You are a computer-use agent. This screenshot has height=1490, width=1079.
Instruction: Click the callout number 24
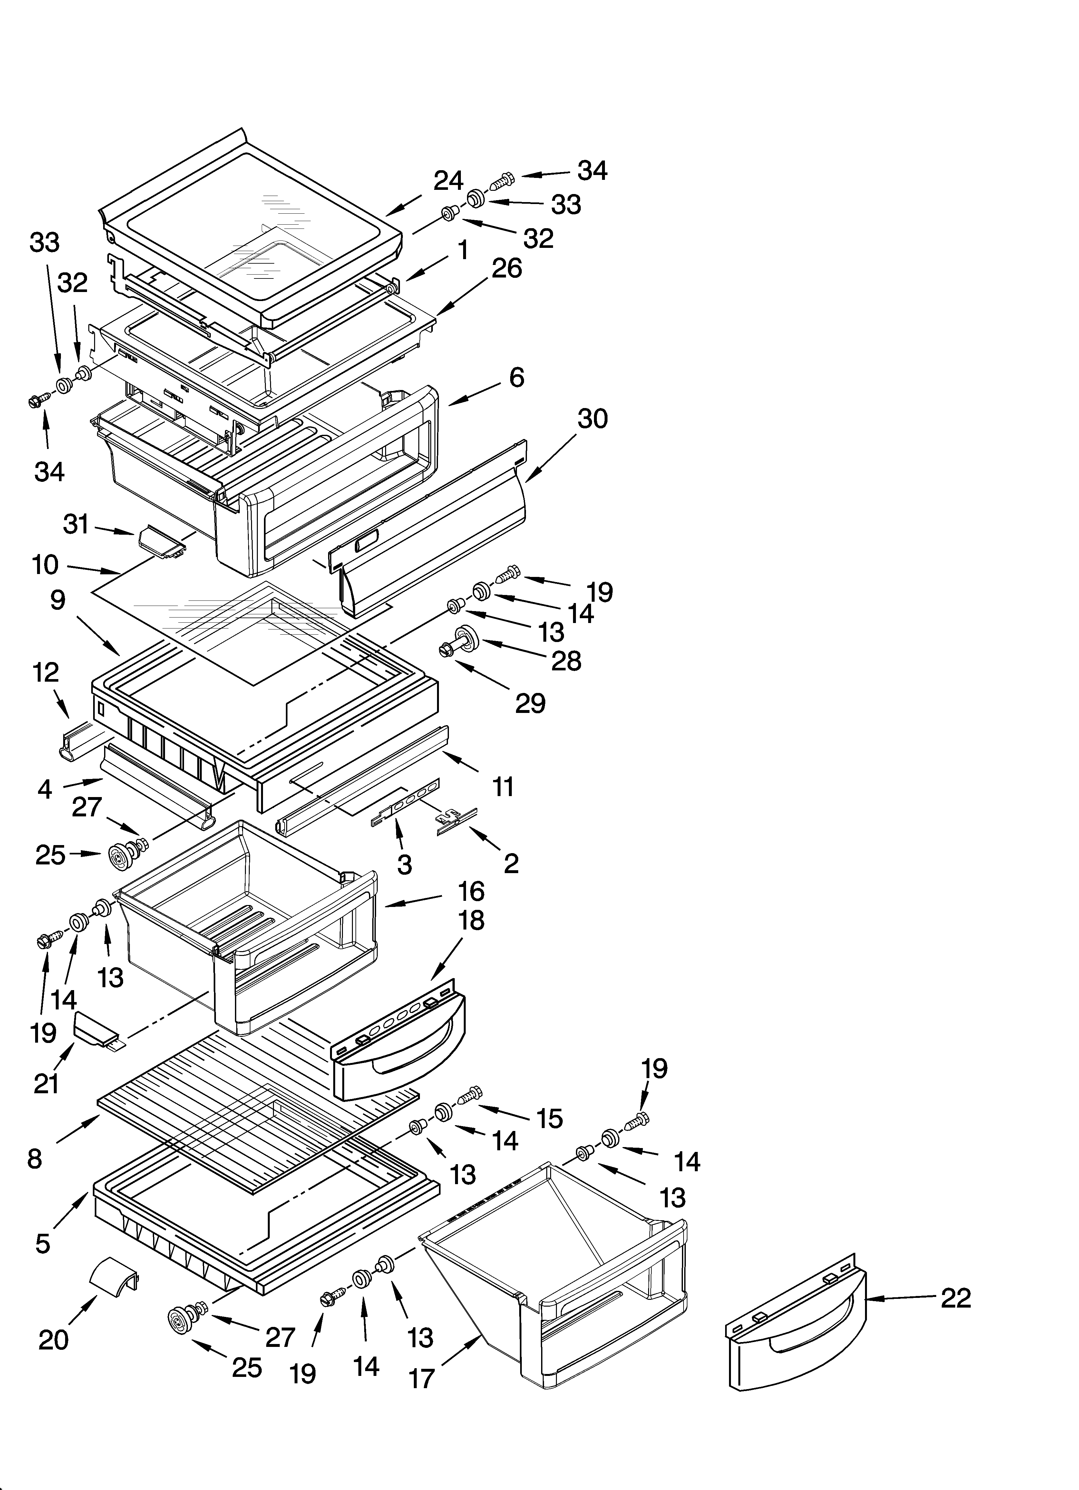coord(448,181)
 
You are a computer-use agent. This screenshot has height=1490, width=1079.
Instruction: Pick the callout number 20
coord(53,1339)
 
